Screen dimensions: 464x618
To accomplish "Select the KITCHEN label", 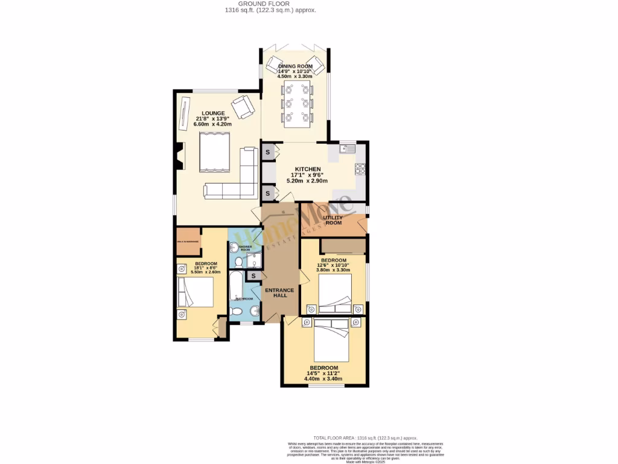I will tap(307, 169).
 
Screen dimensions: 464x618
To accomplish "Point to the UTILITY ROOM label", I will tap(333, 220).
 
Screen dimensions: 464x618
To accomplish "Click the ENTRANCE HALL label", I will tap(280, 293).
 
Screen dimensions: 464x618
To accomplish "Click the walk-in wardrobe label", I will tap(188, 241).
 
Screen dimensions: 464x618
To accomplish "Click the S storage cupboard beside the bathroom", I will tap(253, 275).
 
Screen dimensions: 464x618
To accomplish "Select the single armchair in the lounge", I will tap(243, 106).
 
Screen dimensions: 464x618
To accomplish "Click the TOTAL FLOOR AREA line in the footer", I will tap(365, 437).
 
